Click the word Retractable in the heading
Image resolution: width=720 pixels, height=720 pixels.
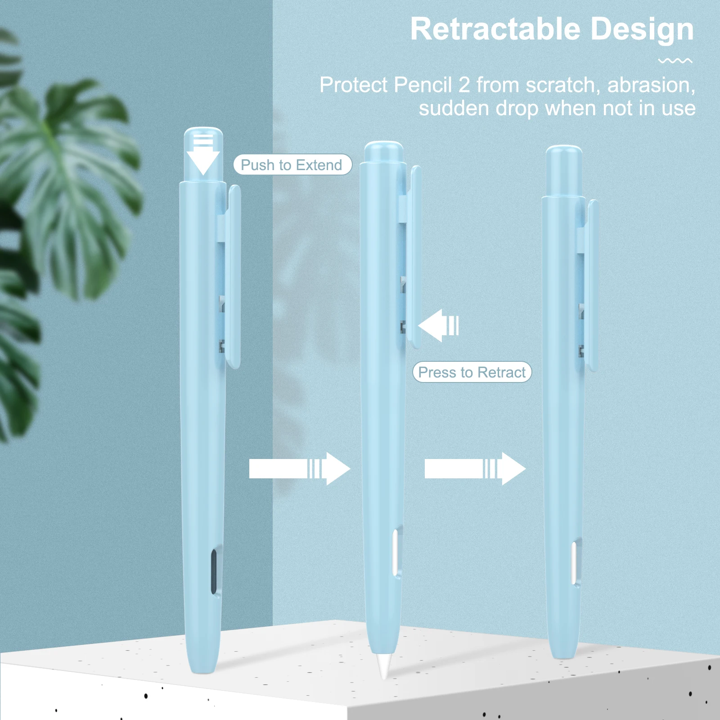495,30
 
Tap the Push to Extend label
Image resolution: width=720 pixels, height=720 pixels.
292,165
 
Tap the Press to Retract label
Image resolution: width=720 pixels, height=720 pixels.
472,372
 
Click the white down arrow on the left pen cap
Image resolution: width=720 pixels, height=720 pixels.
203,155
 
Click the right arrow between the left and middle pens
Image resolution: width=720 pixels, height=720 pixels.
299,469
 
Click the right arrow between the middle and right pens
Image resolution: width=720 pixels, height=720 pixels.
475,469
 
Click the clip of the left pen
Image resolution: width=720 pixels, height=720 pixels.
234,277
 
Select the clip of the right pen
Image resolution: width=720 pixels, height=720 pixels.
593,286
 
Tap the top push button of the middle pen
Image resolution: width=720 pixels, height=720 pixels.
383,152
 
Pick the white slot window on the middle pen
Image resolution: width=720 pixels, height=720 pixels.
395,553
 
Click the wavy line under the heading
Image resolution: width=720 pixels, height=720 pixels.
675,61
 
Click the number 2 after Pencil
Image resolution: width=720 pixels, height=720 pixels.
464,85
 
